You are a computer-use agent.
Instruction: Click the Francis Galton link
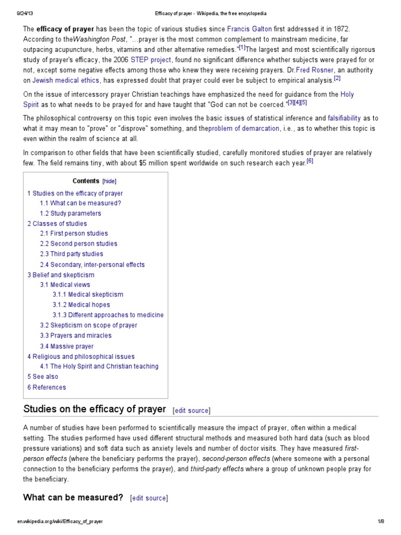(249, 29)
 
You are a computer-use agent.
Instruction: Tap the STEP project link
(154, 60)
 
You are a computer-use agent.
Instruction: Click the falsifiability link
(344, 118)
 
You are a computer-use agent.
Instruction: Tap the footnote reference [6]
(310, 161)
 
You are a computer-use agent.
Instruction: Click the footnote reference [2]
(337, 79)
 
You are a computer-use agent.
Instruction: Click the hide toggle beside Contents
(110, 181)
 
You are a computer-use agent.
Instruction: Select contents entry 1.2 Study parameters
(70, 213)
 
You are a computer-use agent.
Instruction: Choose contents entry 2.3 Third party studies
(72, 254)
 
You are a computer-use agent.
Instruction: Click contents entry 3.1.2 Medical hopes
(81, 305)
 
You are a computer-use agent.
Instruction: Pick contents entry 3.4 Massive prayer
(67, 346)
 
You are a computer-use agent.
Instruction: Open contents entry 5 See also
(43, 376)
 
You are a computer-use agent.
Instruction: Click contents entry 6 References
(46, 387)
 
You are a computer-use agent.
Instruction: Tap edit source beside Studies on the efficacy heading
(191, 410)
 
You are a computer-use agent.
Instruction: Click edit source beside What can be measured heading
(149, 498)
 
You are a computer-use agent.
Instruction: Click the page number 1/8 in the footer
(380, 521)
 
